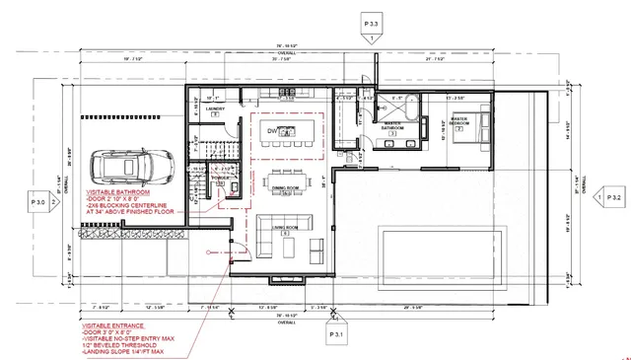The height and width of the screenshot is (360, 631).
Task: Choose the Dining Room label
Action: coord(285,187)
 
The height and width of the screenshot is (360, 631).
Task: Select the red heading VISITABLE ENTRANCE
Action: coord(115,324)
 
